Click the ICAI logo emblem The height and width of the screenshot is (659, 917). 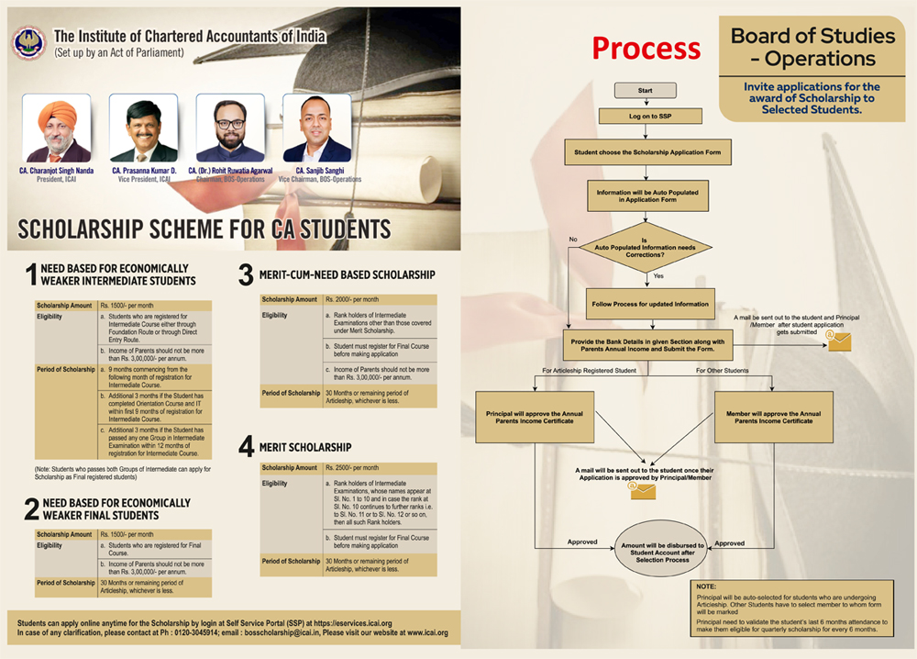28,43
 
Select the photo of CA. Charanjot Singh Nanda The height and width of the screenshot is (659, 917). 57,128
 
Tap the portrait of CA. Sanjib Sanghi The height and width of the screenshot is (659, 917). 316,128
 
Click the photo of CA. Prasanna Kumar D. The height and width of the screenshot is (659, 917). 143,128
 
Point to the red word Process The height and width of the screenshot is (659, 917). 646,48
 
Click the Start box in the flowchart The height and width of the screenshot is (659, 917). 645,91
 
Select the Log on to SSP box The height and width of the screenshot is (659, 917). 650,116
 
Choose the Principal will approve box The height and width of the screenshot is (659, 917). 534,418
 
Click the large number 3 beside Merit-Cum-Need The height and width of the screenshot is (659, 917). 246,274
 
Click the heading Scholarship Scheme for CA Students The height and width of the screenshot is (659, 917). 204,229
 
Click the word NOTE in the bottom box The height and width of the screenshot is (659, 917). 706,586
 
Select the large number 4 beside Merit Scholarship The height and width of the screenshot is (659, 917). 246,447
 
